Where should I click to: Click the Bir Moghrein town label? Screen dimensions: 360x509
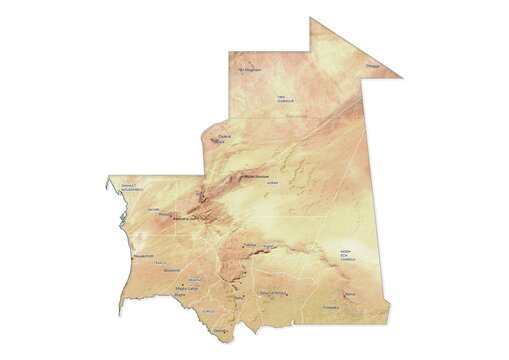(x=250, y=70)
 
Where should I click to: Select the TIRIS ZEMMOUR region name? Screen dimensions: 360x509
(x=286, y=98)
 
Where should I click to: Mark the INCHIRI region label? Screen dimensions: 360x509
(x=153, y=210)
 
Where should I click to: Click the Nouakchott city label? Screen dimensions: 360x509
(x=143, y=256)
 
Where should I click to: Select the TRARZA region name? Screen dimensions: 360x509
(x=159, y=263)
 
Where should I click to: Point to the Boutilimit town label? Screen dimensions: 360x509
(x=171, y=270)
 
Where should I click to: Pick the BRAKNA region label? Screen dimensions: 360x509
(x=195, y=280)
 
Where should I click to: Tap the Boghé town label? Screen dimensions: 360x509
(x=181, y=295)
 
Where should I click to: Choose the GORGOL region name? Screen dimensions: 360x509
(x=207, y=311)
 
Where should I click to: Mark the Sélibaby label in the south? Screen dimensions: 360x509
(x=222, y=330)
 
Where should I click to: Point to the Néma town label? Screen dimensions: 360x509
(x=349, y=294)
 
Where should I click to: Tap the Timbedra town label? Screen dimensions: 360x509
(x=331, y=307)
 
